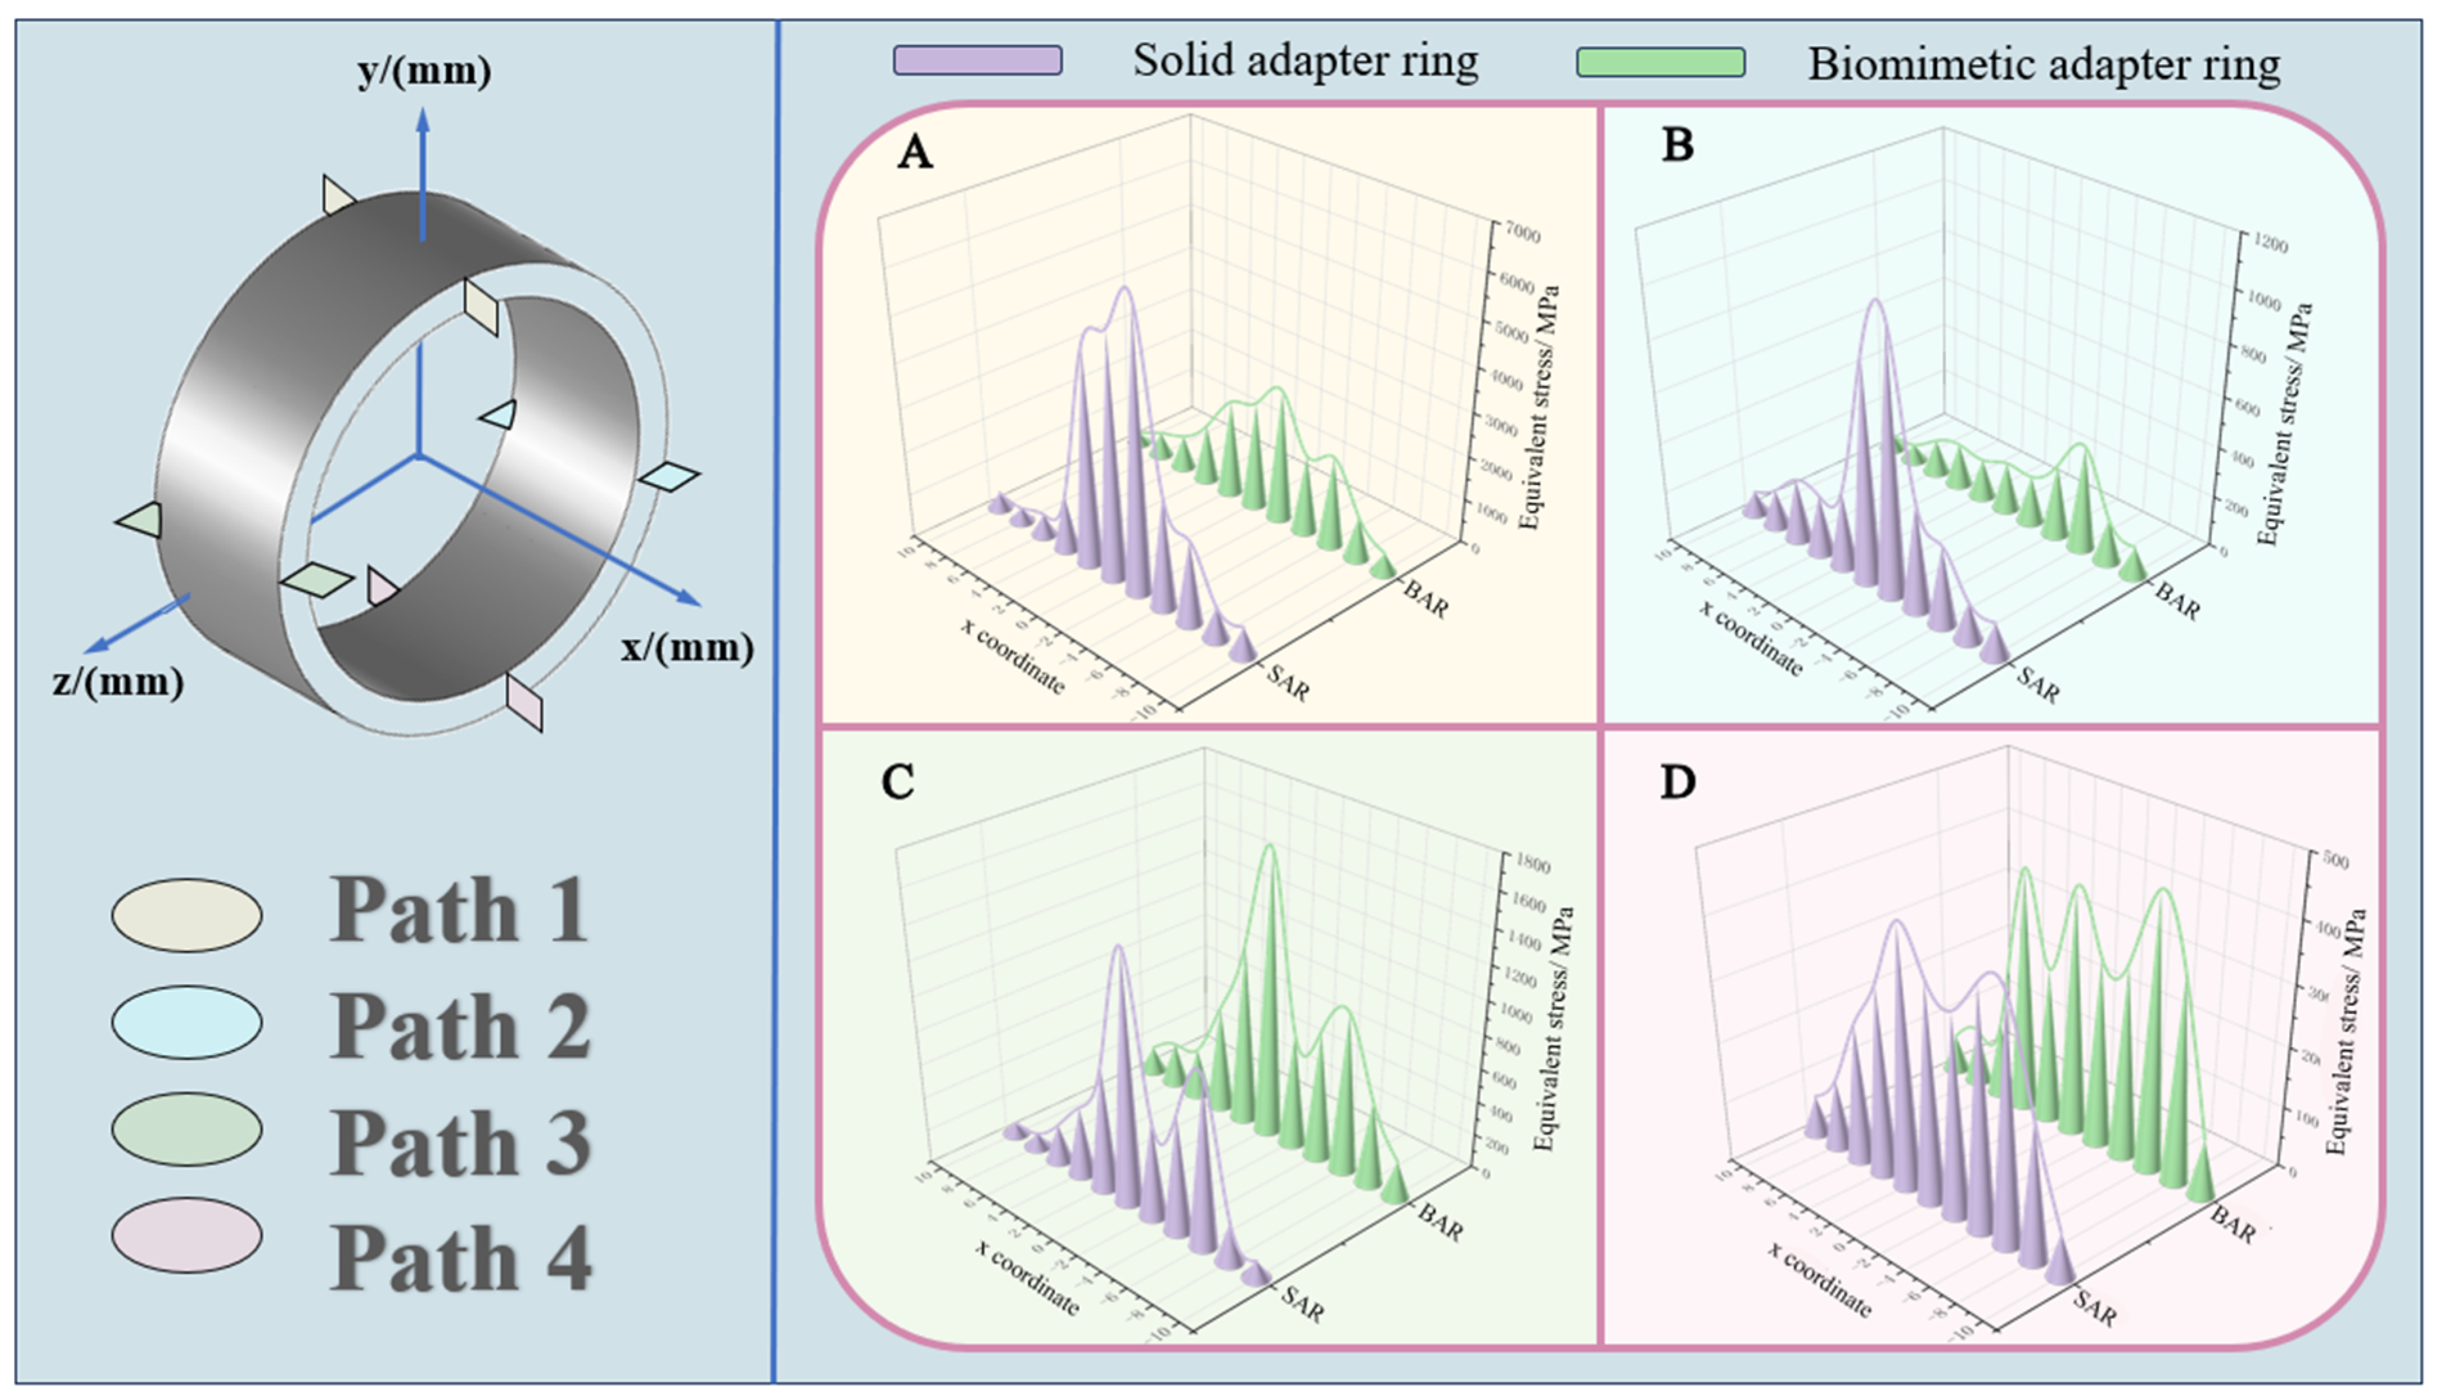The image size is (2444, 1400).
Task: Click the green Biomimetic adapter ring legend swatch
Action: pyautogui.click(x=1660, y=62)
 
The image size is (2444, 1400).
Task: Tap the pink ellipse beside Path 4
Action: pyautogui.click(x=186, y=1236)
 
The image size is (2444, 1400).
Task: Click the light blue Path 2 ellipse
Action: pyautogui.click(x=186, y=1022)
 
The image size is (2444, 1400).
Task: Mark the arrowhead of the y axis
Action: pyautogui.click(x=422, y=120)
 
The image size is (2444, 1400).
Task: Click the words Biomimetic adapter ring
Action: pyautogui.click(x=2044, y=64)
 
